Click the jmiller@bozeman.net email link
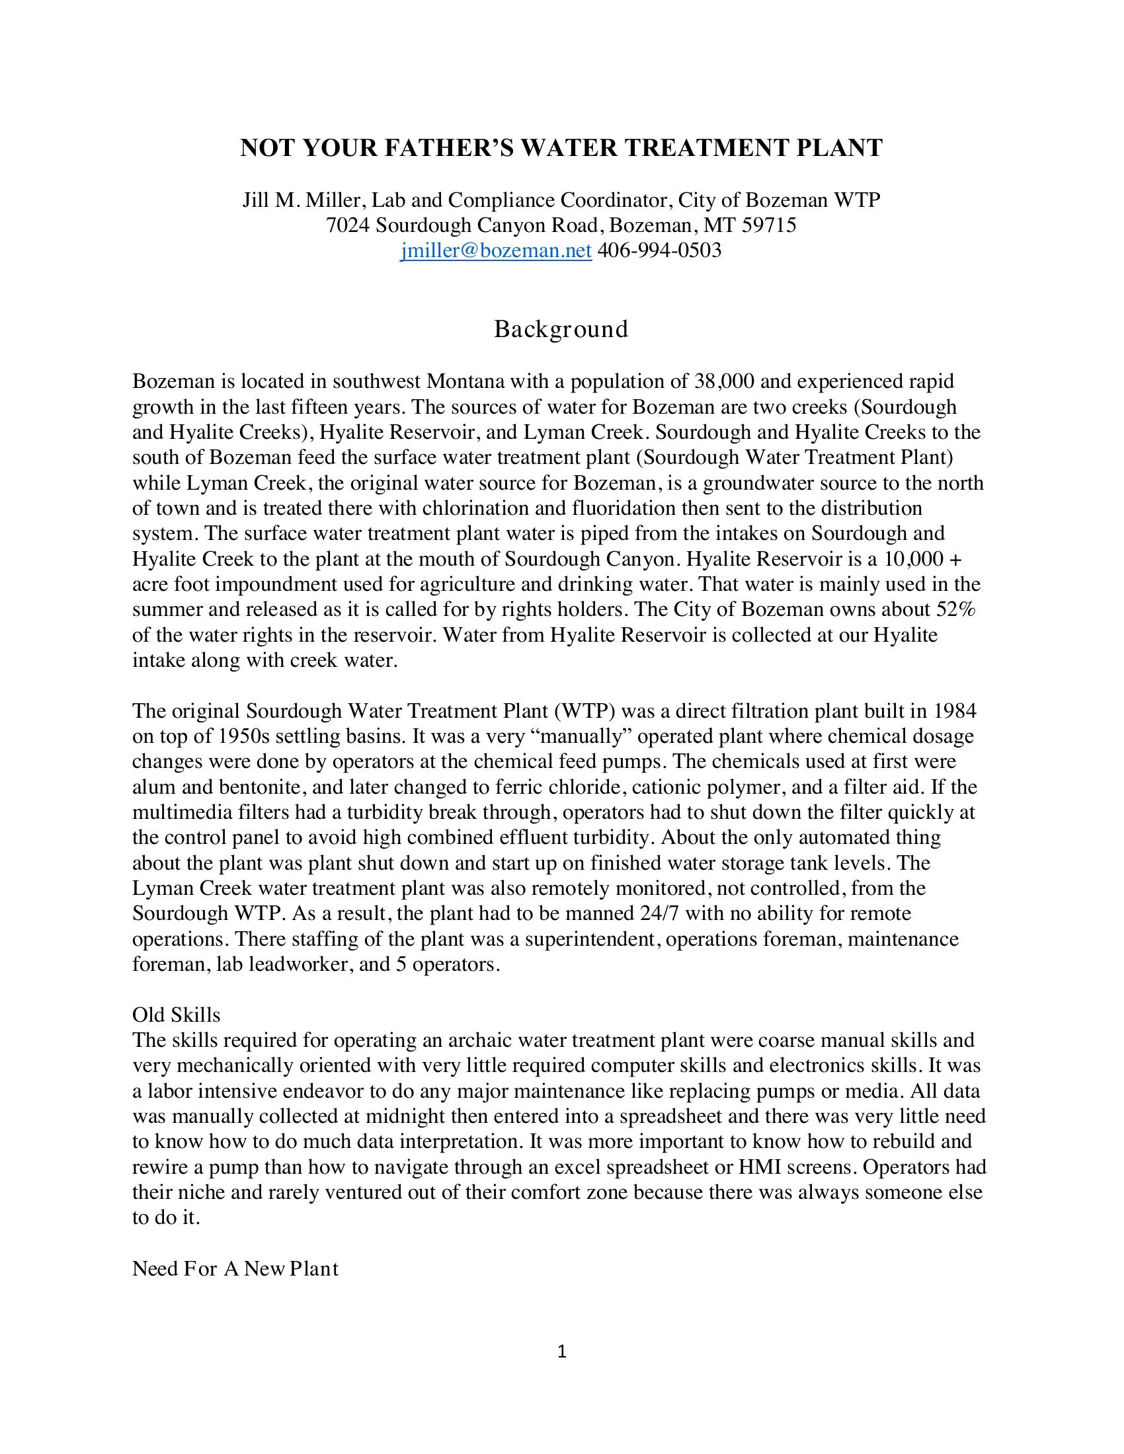pyautogui.click(x=496, y=250)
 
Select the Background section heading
pyautogui.click(x=561, y=329)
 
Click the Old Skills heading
pyautogui.click(x=177, y=1014)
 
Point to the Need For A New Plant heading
pyautogui.click(x=236, y=1269)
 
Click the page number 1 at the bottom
pyautogui.click(x=561, y=1352)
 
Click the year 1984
pyautogui.click(x=953, y=711)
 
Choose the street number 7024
pyautogui.click(x=348, y=225)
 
